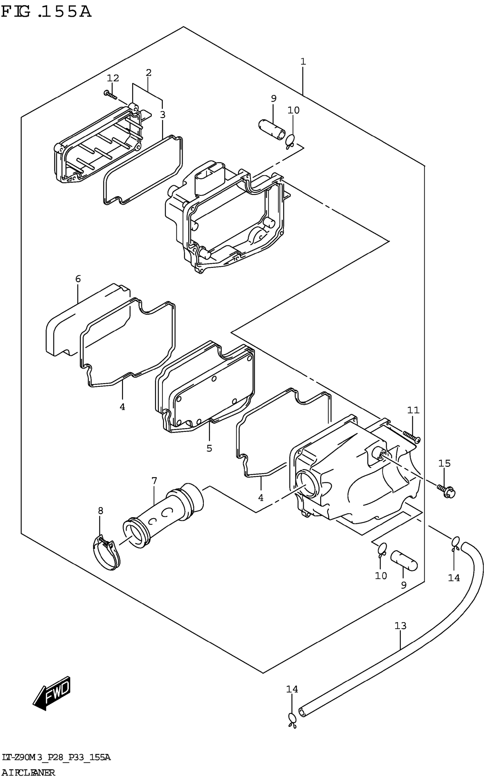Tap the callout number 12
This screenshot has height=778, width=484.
coord(113,78)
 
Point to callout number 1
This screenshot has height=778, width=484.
coord(303,61)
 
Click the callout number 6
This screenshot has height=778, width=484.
coord(78,279)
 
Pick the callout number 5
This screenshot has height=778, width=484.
coord(209,448)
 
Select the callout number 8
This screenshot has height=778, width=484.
coord(101,511)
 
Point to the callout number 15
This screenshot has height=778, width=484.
coord(445,463)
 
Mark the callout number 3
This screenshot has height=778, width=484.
coord(163,114)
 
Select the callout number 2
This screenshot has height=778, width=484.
coord(148,73)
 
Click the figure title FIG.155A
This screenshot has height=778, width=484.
coord(46,12)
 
